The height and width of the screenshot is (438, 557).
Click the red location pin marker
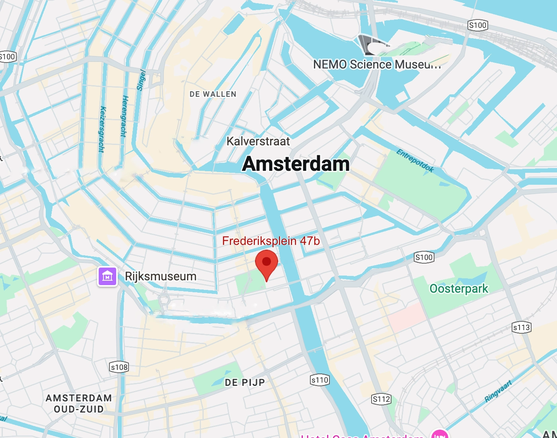click(x=266, y=264)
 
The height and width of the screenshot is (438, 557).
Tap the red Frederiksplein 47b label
click(x=271, y=241)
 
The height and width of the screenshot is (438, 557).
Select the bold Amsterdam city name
click(x=296, y=164)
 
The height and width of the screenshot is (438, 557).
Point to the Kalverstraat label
click(x=258, y=141)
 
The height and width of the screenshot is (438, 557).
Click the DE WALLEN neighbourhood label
click(x=213, y=94)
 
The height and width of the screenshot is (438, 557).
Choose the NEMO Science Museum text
click(x=376, y=65)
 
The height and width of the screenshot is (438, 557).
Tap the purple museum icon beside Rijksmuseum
click(x=107, y=276)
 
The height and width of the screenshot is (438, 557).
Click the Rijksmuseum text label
click(x=160, y=276)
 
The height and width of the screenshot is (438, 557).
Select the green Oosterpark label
click(x=458, y=288)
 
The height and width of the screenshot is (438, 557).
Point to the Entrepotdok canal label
click(x=415, y=160)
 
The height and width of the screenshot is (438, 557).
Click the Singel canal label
click(x=141, y=80)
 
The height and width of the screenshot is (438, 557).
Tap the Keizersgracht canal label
click(x=102, y=129)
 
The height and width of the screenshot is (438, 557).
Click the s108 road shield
click(x=119, y=367)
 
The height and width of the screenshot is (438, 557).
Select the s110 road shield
click(x=319, y=380)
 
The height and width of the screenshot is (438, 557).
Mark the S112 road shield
click(x=381, y=399)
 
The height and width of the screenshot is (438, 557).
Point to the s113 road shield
click(x=521, y=327)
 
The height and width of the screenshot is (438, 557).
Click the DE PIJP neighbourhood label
click(x=245, y=383)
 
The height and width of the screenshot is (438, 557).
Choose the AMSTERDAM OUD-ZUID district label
click(x=79, y=403)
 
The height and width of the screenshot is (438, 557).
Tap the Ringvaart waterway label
click(x=498, y=391)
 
